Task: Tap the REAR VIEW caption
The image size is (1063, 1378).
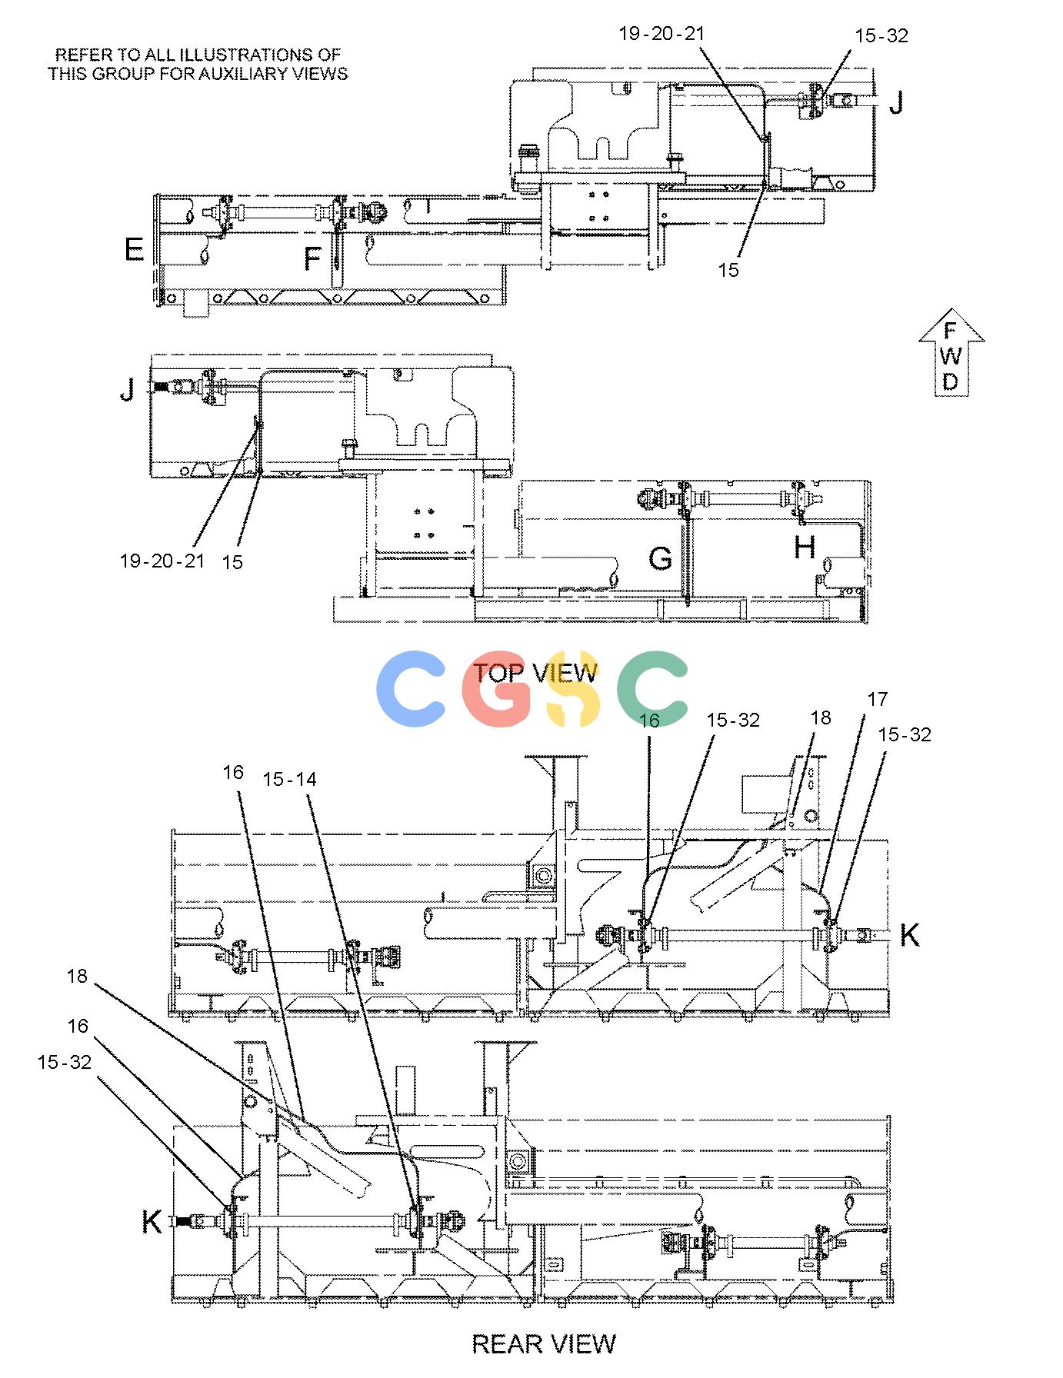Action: tap(544, 1343)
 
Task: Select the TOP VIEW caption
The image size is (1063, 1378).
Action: tap(535, 673)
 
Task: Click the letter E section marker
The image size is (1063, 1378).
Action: tap(134, 249)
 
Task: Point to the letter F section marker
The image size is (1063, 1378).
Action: tap(312, 258)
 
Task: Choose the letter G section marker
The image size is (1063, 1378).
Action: tap(660, 558)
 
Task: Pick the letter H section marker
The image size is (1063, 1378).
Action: tap(805, 548)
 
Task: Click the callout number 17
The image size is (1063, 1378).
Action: tap(877, 699)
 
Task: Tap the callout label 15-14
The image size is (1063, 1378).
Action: tap(289, 779)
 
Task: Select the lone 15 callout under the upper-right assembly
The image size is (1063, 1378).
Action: tap(728, 270)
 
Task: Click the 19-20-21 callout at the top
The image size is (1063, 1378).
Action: tap(661, 33)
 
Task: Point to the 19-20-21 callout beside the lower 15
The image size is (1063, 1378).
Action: tap(162, 561)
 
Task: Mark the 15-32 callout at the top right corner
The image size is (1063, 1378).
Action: tap(881, 35)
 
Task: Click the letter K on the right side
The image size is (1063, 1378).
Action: tap(909, 935)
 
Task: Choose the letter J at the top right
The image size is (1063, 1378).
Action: tap(896, 102)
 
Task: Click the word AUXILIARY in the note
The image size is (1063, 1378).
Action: tap(248, 74)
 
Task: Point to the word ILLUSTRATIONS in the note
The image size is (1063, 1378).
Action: tap(242, 55)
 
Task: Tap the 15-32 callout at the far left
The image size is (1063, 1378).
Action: tap(64, 1062)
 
